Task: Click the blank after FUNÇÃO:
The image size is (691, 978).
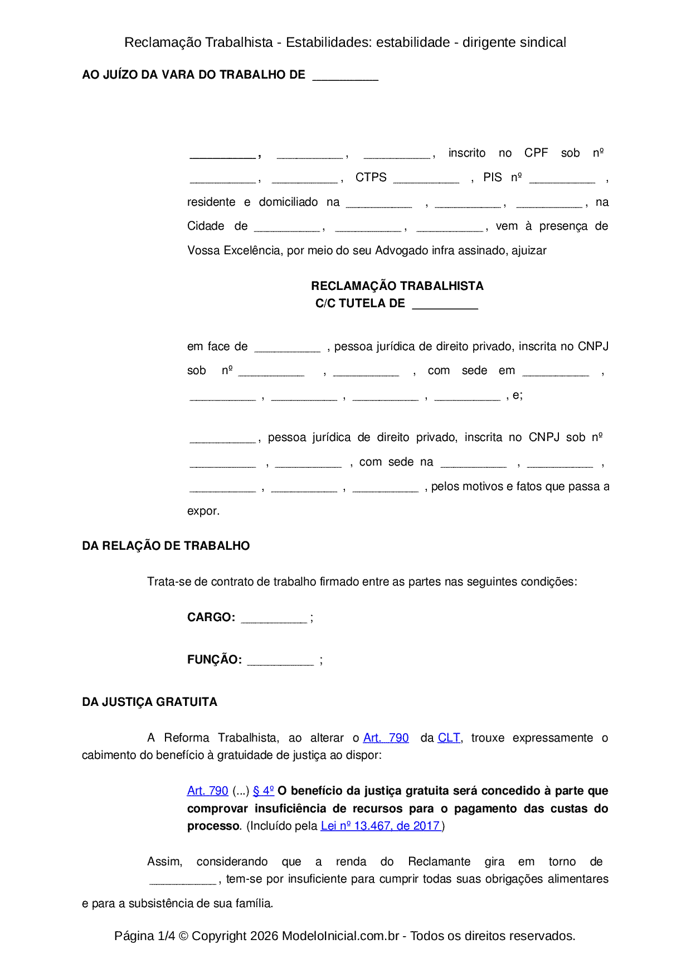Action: [280, 661]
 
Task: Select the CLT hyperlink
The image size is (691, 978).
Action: [449, 738]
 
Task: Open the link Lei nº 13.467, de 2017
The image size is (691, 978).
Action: [381, 826]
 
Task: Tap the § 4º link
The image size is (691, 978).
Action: [263, 791]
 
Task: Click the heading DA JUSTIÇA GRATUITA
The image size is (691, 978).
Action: [149, 702]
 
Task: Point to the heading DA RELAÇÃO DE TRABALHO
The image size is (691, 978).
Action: [166, 546]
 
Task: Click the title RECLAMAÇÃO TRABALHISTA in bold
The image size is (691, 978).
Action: [397, 286]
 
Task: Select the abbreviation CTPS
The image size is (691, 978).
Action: [371, 177]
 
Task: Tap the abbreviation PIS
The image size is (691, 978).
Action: [492, 177]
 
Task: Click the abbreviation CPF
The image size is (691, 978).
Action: [536, 153]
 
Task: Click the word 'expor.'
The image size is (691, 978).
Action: [203, 511]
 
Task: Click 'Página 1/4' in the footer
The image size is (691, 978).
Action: [144, 936]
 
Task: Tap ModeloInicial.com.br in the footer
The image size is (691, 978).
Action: [340, 936]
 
